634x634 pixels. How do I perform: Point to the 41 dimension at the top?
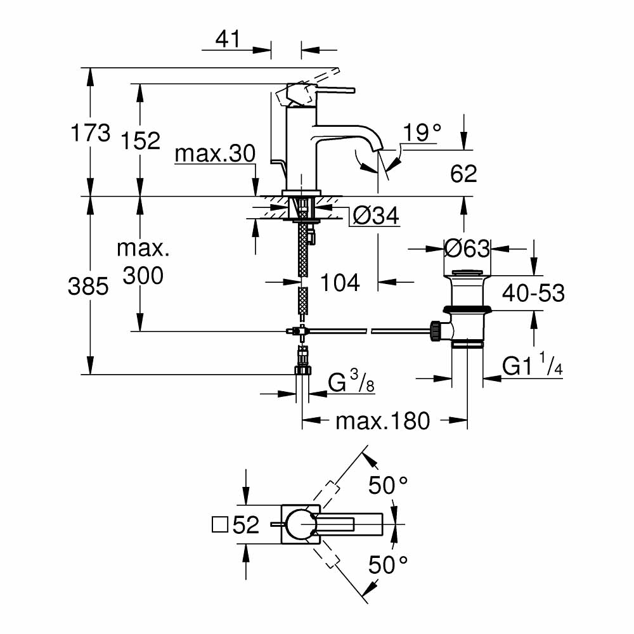coord(228,39)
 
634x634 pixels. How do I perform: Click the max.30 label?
coord(215,153)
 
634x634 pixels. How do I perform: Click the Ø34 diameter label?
coord(375,217)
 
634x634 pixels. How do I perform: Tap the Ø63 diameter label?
coord(467,248)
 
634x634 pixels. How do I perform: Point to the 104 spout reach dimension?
coord(339,282)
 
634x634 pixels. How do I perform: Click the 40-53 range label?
coord(533,293)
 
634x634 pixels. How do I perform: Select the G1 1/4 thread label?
coord(533,366)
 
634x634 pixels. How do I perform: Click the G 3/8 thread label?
coord(349,382)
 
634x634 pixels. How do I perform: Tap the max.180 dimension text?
coord(382,420)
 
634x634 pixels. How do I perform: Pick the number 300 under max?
coord(143,275)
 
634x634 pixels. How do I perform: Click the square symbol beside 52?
coord(219,525)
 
